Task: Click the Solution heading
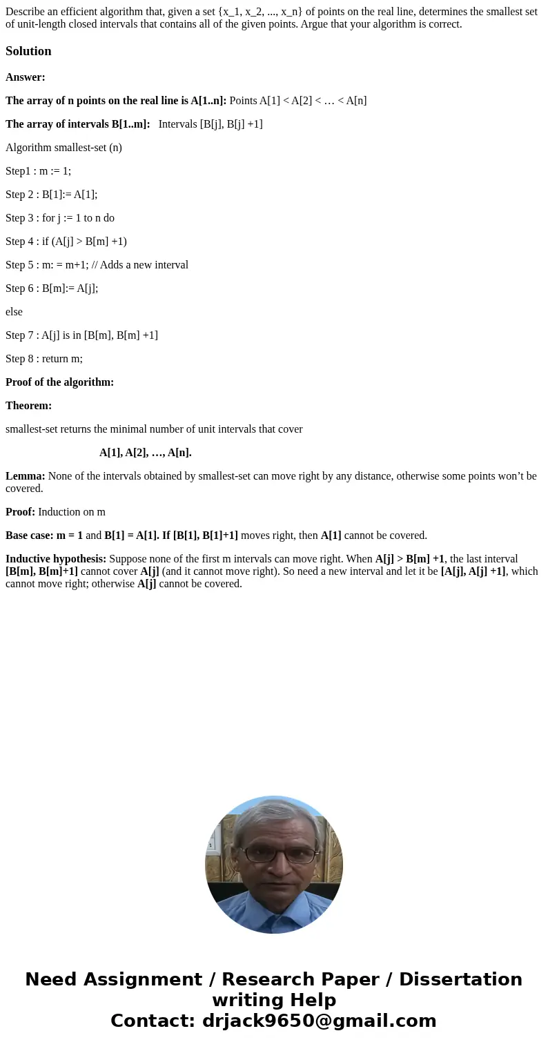(28, 51)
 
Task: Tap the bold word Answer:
(26, 77)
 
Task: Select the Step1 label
(18, 171)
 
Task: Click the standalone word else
(14, 312)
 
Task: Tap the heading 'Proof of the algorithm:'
(59, 382)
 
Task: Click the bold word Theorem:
(28, 406)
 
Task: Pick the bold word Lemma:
(26, 476)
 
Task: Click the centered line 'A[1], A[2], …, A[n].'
(146, 453)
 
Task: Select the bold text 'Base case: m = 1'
(44, 536)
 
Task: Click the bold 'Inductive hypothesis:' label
(56, 559)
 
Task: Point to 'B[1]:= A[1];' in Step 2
(70, 195)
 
